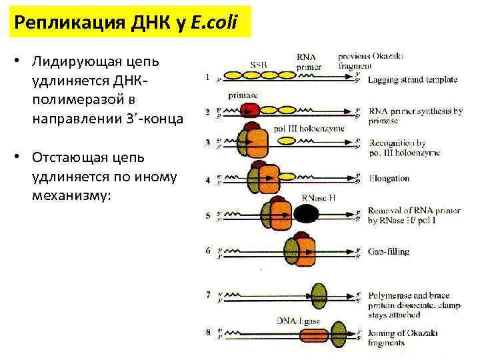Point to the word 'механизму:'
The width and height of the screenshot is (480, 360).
click(x=69, y=197)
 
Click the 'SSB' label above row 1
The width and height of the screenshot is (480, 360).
click(x=259, y=65)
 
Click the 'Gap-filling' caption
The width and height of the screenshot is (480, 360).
click(x=389, y=251)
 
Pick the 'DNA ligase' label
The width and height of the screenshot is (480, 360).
click(x=298, y=321)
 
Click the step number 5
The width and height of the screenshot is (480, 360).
click(x=207, y=216)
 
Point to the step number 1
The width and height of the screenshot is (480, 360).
click(x=207, y=77)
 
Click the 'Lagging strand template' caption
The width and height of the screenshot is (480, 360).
click(x=412, y=79)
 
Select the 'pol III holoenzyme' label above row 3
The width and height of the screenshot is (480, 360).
click(x=309, y=129)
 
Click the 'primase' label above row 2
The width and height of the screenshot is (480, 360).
click(x=243, y=95)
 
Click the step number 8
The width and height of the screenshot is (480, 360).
click(x=207, y=331)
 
